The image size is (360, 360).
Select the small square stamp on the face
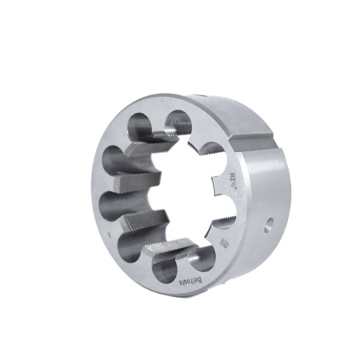(x=224, y=241)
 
